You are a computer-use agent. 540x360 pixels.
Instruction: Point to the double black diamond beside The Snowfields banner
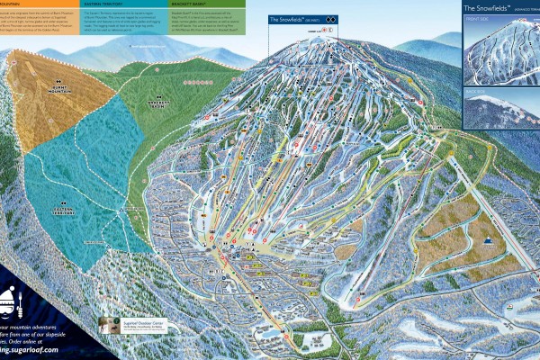pyautogui.click(x=330, y=18)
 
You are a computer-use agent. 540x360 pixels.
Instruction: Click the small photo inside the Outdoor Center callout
pyautogui.click(x=111, y=327)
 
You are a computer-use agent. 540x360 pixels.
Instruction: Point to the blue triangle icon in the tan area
pyautogui.click(x=489, y=241)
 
